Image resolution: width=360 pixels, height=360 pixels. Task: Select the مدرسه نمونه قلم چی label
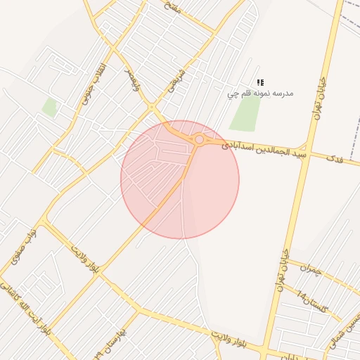pyautogui.click(x=260, y=93)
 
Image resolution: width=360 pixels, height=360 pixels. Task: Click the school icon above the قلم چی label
pyautogui.click(x=260, y=82)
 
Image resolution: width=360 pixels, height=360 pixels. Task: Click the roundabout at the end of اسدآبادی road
pyautogui.click(x=200, y=140)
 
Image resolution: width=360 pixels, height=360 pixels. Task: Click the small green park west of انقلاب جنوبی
pyautogui.click(x=49, y=107)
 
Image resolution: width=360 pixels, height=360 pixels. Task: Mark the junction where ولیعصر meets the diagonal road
pyautogui.click(x=152, y=108)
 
